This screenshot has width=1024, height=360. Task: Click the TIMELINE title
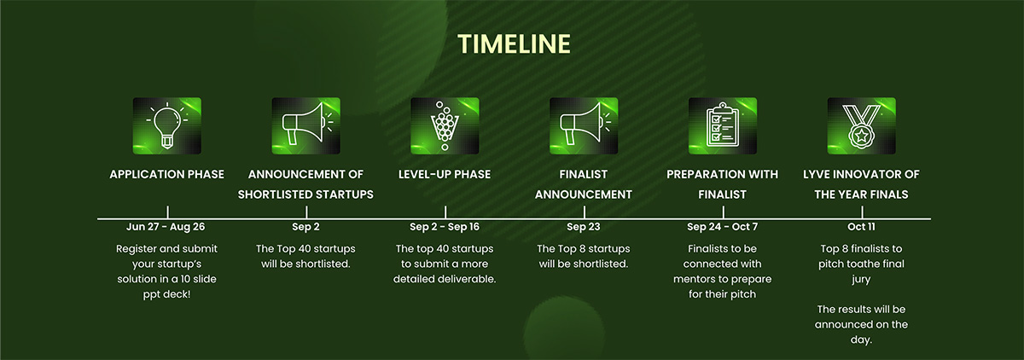(514, 44)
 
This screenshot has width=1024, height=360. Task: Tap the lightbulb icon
(167, 125)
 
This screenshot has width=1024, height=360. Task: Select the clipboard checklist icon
(722, 125)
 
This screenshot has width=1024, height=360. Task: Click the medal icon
(861, 125)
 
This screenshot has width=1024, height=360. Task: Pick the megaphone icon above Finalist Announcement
(584, 125)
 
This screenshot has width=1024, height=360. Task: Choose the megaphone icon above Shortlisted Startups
(305, 125)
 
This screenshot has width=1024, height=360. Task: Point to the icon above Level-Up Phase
(445, 125)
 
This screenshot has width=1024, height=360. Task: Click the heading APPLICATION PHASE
(167, 175)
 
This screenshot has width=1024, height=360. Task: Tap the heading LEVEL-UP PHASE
(445, 175)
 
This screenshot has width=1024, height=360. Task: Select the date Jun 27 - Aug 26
(166, 227)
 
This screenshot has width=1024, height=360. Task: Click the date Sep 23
(584, 227)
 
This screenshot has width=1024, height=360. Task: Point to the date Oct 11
(861, 227)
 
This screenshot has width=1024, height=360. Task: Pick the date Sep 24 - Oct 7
(722, 227)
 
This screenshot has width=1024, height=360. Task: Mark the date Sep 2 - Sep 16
(445, 227)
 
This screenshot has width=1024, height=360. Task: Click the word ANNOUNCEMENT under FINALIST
(584, 195)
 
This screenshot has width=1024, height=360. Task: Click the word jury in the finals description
(861, 280)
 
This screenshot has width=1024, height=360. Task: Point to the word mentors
(694, 279)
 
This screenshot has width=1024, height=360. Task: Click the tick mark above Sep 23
(585, 212)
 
